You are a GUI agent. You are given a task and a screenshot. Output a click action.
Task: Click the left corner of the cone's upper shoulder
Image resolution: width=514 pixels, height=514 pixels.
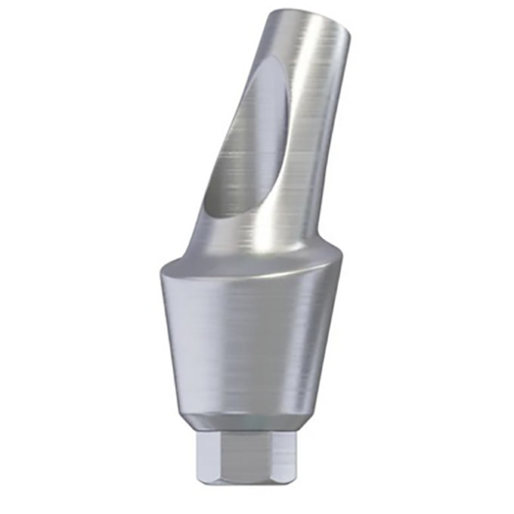(x=162, y=269)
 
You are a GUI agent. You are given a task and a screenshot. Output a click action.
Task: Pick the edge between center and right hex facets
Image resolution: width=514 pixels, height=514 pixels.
(x=270, y=458)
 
